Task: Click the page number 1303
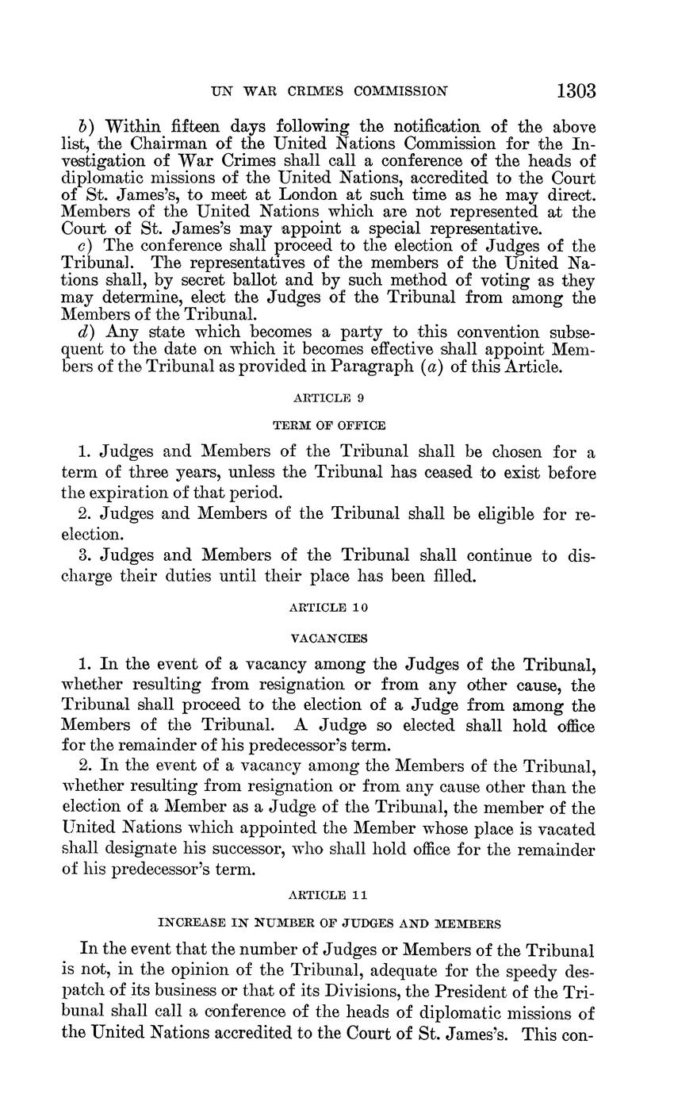[x=576, y=90]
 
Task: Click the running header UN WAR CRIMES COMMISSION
[x=329, y=91]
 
